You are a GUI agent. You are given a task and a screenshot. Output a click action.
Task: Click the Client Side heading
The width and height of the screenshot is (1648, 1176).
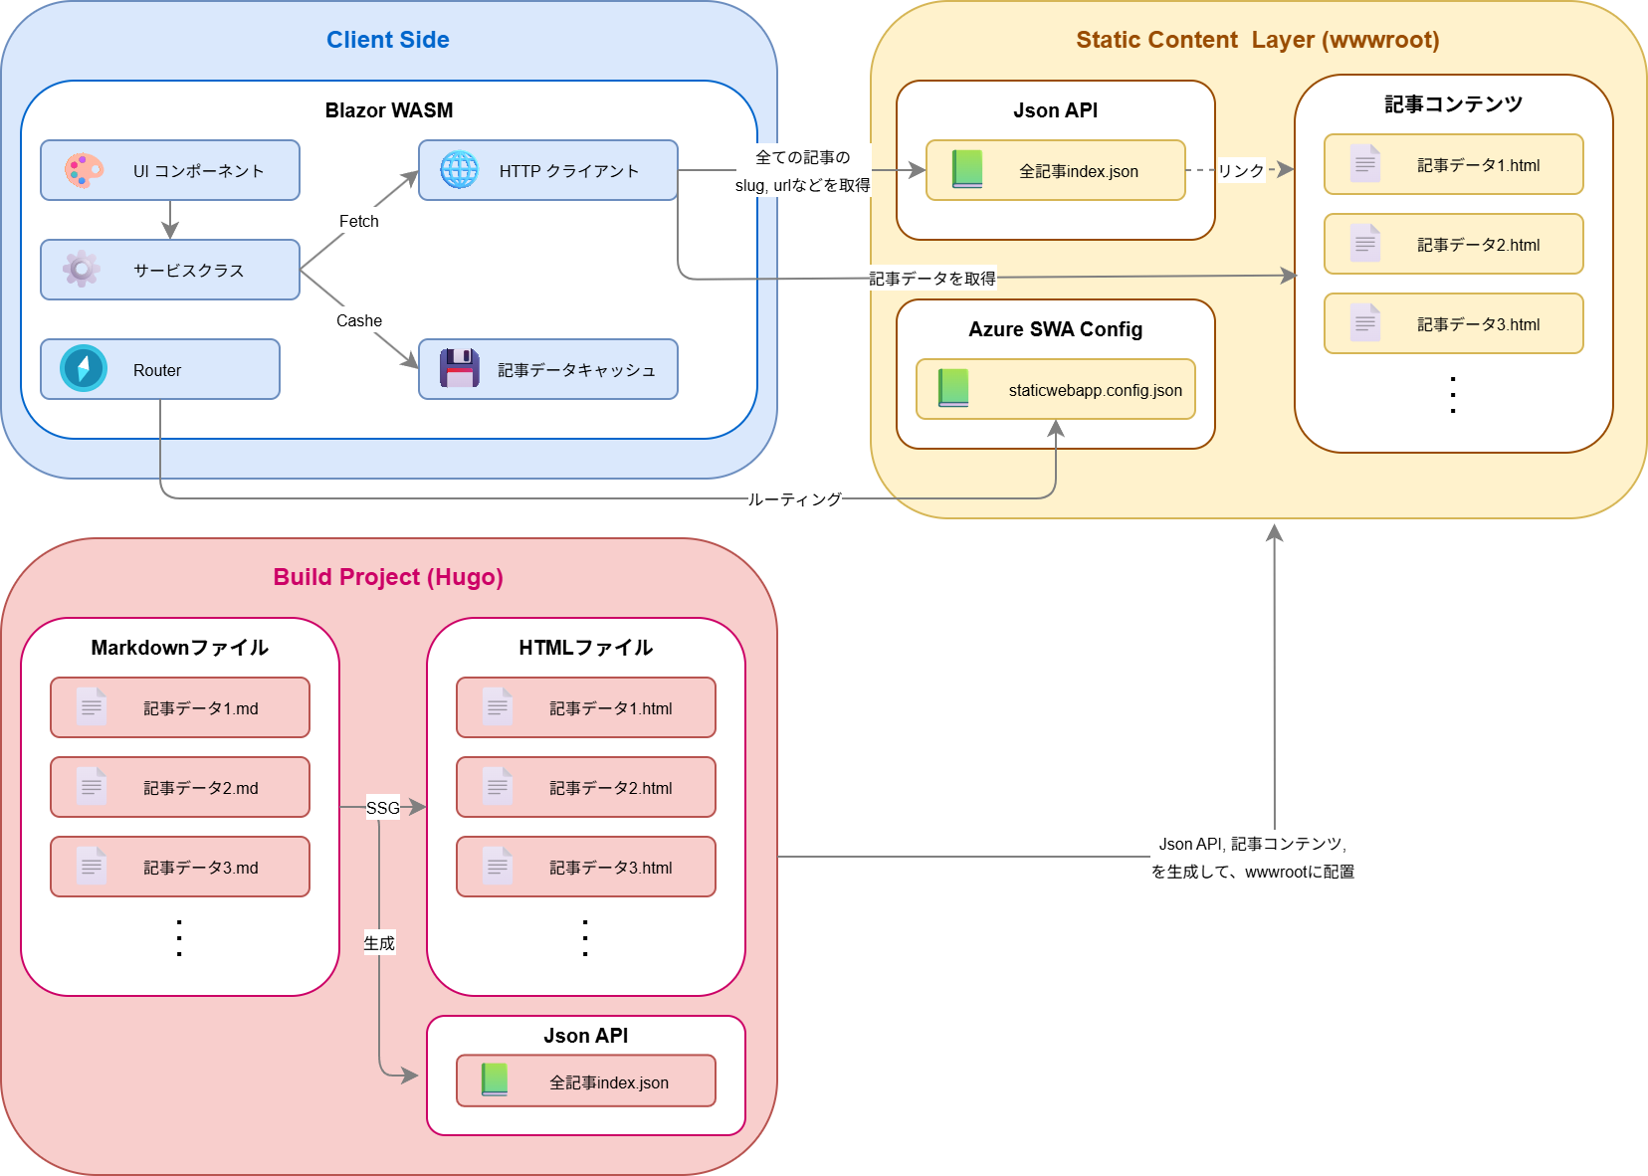click(x=387, y=40)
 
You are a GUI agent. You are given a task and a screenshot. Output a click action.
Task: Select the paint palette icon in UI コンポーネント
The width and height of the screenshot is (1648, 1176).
click(x=84, y=170)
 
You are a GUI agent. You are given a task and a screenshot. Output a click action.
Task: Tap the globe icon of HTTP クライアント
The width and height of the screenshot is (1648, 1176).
click(x=459, y=170)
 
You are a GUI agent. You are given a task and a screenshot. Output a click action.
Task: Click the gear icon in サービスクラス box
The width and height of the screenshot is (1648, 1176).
click(x=82, y=269)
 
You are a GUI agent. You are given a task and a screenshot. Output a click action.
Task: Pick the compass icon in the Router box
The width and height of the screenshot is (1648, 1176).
click(x=83, y=368)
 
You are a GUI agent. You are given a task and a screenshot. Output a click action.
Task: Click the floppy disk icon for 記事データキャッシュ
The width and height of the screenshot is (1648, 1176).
click(x=459, y=368)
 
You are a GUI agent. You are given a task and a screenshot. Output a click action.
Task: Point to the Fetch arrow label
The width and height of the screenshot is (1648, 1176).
click(x=358, y=221)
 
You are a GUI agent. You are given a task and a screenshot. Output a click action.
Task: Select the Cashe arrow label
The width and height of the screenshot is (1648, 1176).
click(x=358, y=320)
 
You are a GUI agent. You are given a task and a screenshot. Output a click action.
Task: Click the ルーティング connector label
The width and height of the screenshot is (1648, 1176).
click(x=794, y=499)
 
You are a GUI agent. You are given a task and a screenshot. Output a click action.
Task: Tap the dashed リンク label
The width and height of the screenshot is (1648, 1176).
click(x=1241, y=170)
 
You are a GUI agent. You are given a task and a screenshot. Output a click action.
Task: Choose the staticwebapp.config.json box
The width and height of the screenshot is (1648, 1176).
click(x=1056, y=389)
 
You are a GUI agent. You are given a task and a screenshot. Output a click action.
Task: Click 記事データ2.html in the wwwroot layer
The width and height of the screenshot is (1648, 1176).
click(x=1453, y=244)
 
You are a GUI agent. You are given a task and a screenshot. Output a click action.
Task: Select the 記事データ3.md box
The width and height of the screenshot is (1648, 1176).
click(x=180, y=867)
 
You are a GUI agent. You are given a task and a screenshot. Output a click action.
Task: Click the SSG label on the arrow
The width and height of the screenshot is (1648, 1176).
click(x=382, y=808)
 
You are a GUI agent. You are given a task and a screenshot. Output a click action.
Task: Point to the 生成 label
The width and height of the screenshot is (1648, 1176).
click(x=379, y=943)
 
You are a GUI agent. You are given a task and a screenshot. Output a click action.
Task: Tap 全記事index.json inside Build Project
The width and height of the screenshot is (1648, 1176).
click(x=586, y=1081)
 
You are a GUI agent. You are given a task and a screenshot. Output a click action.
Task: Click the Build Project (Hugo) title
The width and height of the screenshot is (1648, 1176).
click(x=388, y=577)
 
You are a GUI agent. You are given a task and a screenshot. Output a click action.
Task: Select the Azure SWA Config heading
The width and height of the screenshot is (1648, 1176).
click(x=1055, y=329)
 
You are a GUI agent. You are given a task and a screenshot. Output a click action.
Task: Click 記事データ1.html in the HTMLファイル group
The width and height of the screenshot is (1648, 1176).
click(x=586, y=707)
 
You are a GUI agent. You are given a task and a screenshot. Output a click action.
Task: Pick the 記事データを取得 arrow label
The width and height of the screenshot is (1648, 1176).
click(x=932, y=279)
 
